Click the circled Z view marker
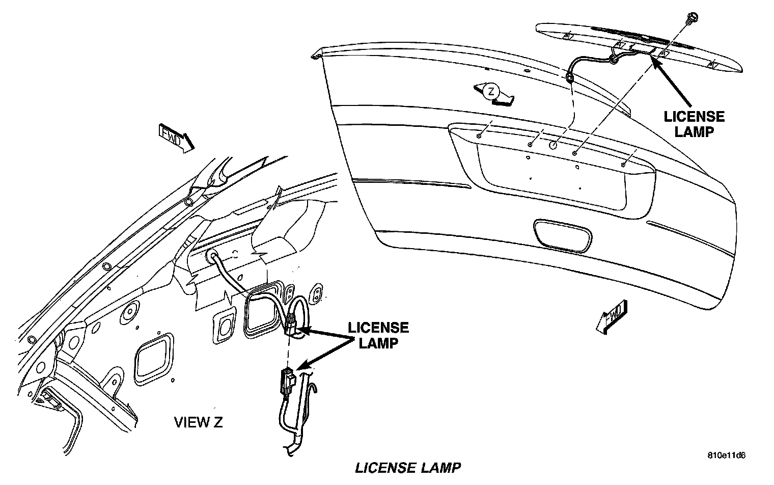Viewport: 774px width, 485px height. (x=490, y=92)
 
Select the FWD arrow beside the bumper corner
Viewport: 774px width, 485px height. (x=612, y=317)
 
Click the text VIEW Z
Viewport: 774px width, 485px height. (x=199, y=422)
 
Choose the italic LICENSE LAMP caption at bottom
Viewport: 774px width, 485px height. (x=408, y=467)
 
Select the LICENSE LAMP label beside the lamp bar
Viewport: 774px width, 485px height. (x=694, y=124)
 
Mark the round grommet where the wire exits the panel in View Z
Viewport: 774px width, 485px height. (x=210, y=256)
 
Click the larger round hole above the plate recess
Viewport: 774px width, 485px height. (x=554, y=145)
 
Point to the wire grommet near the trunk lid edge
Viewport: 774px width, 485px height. (x=569, y=79)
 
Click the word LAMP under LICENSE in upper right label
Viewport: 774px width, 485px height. (x=694, y=131)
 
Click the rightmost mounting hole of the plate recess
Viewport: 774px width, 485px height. (x=623, y=164)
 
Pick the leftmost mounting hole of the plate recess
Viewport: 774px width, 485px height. (x=480, y=136)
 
